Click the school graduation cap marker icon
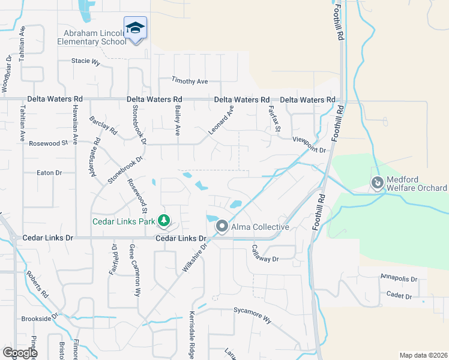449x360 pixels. coord(135,28)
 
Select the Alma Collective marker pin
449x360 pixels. coord(222,227)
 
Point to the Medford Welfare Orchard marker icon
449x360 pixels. coord(377,182)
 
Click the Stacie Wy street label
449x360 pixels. coord(85,61)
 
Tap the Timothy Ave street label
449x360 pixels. coord(189,81)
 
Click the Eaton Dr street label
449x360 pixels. coord(50,173)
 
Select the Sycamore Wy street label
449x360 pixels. coord(252,316)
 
